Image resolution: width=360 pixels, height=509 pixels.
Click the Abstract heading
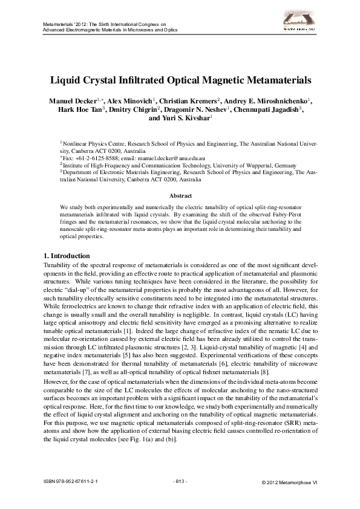click(180, 196)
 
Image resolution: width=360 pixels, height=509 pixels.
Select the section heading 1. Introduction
click(67, 256)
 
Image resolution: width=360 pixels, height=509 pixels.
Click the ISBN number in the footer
click(71, 481)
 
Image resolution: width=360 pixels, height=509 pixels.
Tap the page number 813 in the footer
click(180, 481)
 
